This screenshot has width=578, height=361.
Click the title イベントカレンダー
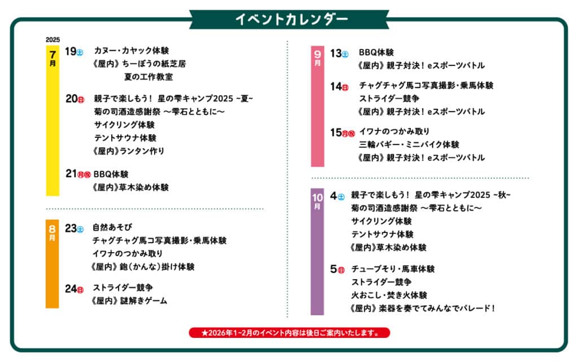click(x=291, y=20)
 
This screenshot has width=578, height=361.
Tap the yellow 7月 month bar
click(x=52, y=121)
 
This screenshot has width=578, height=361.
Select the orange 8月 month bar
click(x=52, y=264)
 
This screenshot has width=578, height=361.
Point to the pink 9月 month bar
click(x=317, y=106)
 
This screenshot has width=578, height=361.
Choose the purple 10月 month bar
click(x=317, y=252)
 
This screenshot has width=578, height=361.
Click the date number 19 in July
click(x=71, y=51)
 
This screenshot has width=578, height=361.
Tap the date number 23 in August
click(x=71, y=228)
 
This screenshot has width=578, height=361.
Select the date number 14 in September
click(x=336, y=86)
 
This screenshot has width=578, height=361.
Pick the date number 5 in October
click(x=333, y=269)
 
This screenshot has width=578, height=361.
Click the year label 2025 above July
click(x=52, y=39)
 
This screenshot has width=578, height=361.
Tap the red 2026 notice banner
click(x=290, y=333)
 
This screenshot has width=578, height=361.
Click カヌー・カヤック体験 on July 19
click(x=131, y=50)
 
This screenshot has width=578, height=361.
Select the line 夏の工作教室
click(x=148, y=77)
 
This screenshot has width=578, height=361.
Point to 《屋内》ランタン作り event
click(x=128, y=151)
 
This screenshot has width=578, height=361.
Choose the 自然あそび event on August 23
click(x=112, y=227)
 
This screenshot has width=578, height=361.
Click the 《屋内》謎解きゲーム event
click(x=129, y=301)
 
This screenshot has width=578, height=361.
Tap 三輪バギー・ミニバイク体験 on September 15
click(x=409, y=144)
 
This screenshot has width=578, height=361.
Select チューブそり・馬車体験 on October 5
click(x=393, y=269)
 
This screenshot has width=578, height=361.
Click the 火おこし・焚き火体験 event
click(x=389, y=295)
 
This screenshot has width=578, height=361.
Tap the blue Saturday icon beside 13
click(x=345, y=55)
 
